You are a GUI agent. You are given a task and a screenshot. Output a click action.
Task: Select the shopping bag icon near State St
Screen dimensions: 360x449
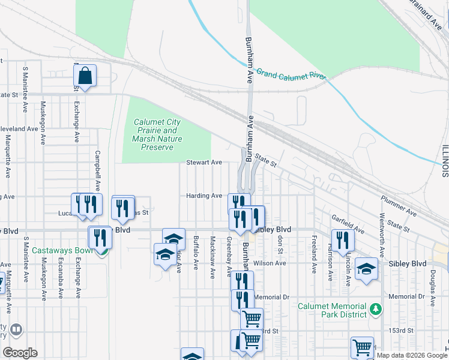pos(85,76)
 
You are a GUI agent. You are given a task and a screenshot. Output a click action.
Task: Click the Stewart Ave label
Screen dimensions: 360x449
pos(204,163)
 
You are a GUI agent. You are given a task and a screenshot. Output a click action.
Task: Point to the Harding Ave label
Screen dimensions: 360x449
pos(204,196)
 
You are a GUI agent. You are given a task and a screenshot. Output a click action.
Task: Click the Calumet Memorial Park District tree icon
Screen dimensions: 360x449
pos(376,310)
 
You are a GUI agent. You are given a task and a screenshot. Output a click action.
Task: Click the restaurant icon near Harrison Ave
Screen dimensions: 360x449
pos(343,239)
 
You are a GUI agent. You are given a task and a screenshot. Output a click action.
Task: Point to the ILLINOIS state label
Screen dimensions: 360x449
pos(444,161)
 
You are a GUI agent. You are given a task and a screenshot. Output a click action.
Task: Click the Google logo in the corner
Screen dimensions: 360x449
pos(20,353)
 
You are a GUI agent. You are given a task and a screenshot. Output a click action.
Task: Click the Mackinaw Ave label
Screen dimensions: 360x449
pos(212,257)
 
